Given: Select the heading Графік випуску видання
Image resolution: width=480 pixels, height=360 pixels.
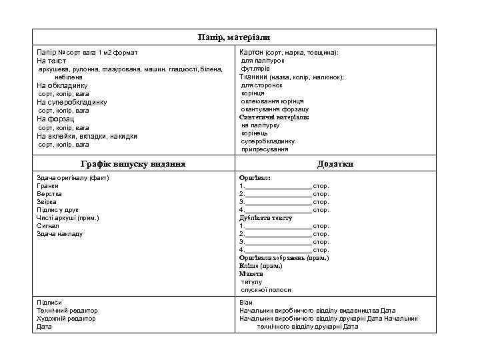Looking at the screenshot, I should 133,164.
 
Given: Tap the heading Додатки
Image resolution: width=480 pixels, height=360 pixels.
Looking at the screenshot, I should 335,164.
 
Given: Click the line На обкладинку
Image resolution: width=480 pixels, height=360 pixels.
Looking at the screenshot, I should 62,85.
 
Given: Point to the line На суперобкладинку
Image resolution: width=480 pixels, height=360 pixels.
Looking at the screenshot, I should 71,102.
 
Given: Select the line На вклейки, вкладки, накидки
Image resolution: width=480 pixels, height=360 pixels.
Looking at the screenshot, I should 87,136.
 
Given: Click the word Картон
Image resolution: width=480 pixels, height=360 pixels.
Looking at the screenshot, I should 251,52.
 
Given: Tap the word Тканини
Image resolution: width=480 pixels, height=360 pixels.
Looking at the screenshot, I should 253,77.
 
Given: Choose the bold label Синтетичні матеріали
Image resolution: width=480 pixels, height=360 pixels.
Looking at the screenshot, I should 274,117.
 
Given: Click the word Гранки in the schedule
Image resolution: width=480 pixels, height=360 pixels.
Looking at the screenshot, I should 47,186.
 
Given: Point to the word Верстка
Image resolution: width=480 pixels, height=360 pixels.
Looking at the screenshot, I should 49,194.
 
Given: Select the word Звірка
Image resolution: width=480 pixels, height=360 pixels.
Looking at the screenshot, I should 47,202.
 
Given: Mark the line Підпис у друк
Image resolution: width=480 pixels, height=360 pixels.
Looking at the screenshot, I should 57,210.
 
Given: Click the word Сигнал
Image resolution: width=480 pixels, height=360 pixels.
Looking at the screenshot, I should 47,226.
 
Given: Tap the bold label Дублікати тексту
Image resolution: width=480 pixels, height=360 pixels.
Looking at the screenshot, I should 265,218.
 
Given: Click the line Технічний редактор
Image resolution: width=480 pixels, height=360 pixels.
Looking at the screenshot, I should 67,311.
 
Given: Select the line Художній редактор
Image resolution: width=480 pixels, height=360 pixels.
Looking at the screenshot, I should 66,319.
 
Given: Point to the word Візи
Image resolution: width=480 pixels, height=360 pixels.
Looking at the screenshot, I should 246,303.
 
